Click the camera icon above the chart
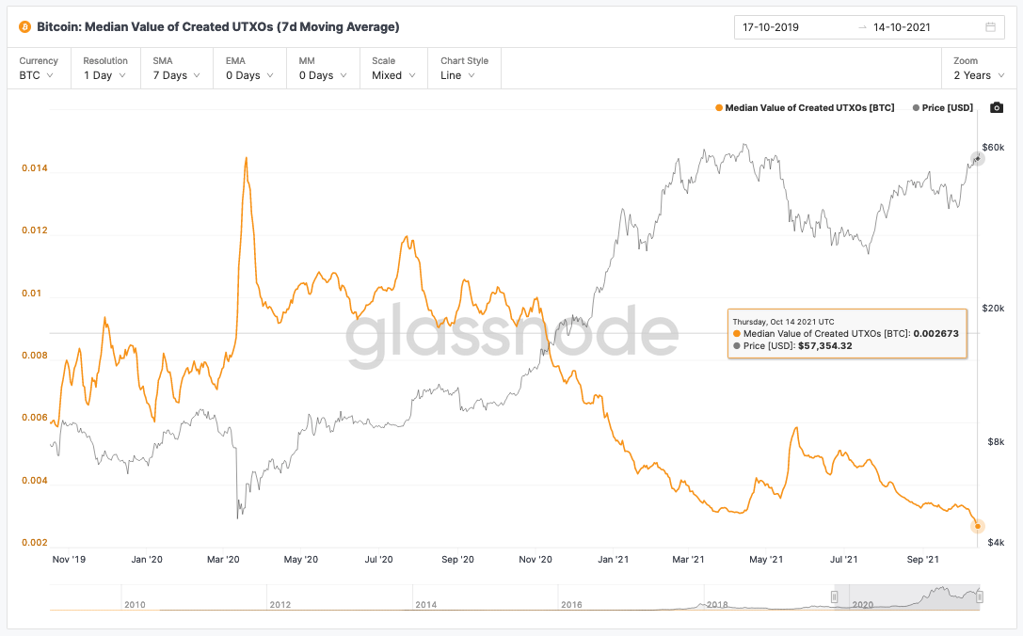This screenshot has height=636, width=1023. (997, 108)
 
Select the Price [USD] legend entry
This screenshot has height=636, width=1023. (942, 108)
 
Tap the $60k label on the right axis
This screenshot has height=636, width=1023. (993, 148)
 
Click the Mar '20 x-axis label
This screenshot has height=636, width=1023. (223, 559)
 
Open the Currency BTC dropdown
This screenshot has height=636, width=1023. (39, 69)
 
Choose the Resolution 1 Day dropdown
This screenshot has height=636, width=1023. (104, 69)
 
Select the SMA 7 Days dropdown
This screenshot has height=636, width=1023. (175, 69)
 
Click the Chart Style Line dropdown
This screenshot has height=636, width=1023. (464, 69)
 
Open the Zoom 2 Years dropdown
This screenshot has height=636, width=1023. (977, 69)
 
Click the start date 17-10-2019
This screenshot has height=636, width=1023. (771, 27)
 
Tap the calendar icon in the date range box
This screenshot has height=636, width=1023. (990, 27)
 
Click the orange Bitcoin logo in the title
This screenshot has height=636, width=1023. (26, 27)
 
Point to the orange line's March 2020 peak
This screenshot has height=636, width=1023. (247, 158)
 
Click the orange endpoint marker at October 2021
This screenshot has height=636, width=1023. (978, 526)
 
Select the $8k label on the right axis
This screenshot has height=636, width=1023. (994, 442)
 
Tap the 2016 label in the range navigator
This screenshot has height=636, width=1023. (571, 604)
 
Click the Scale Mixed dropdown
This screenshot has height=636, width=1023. (392, 69)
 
